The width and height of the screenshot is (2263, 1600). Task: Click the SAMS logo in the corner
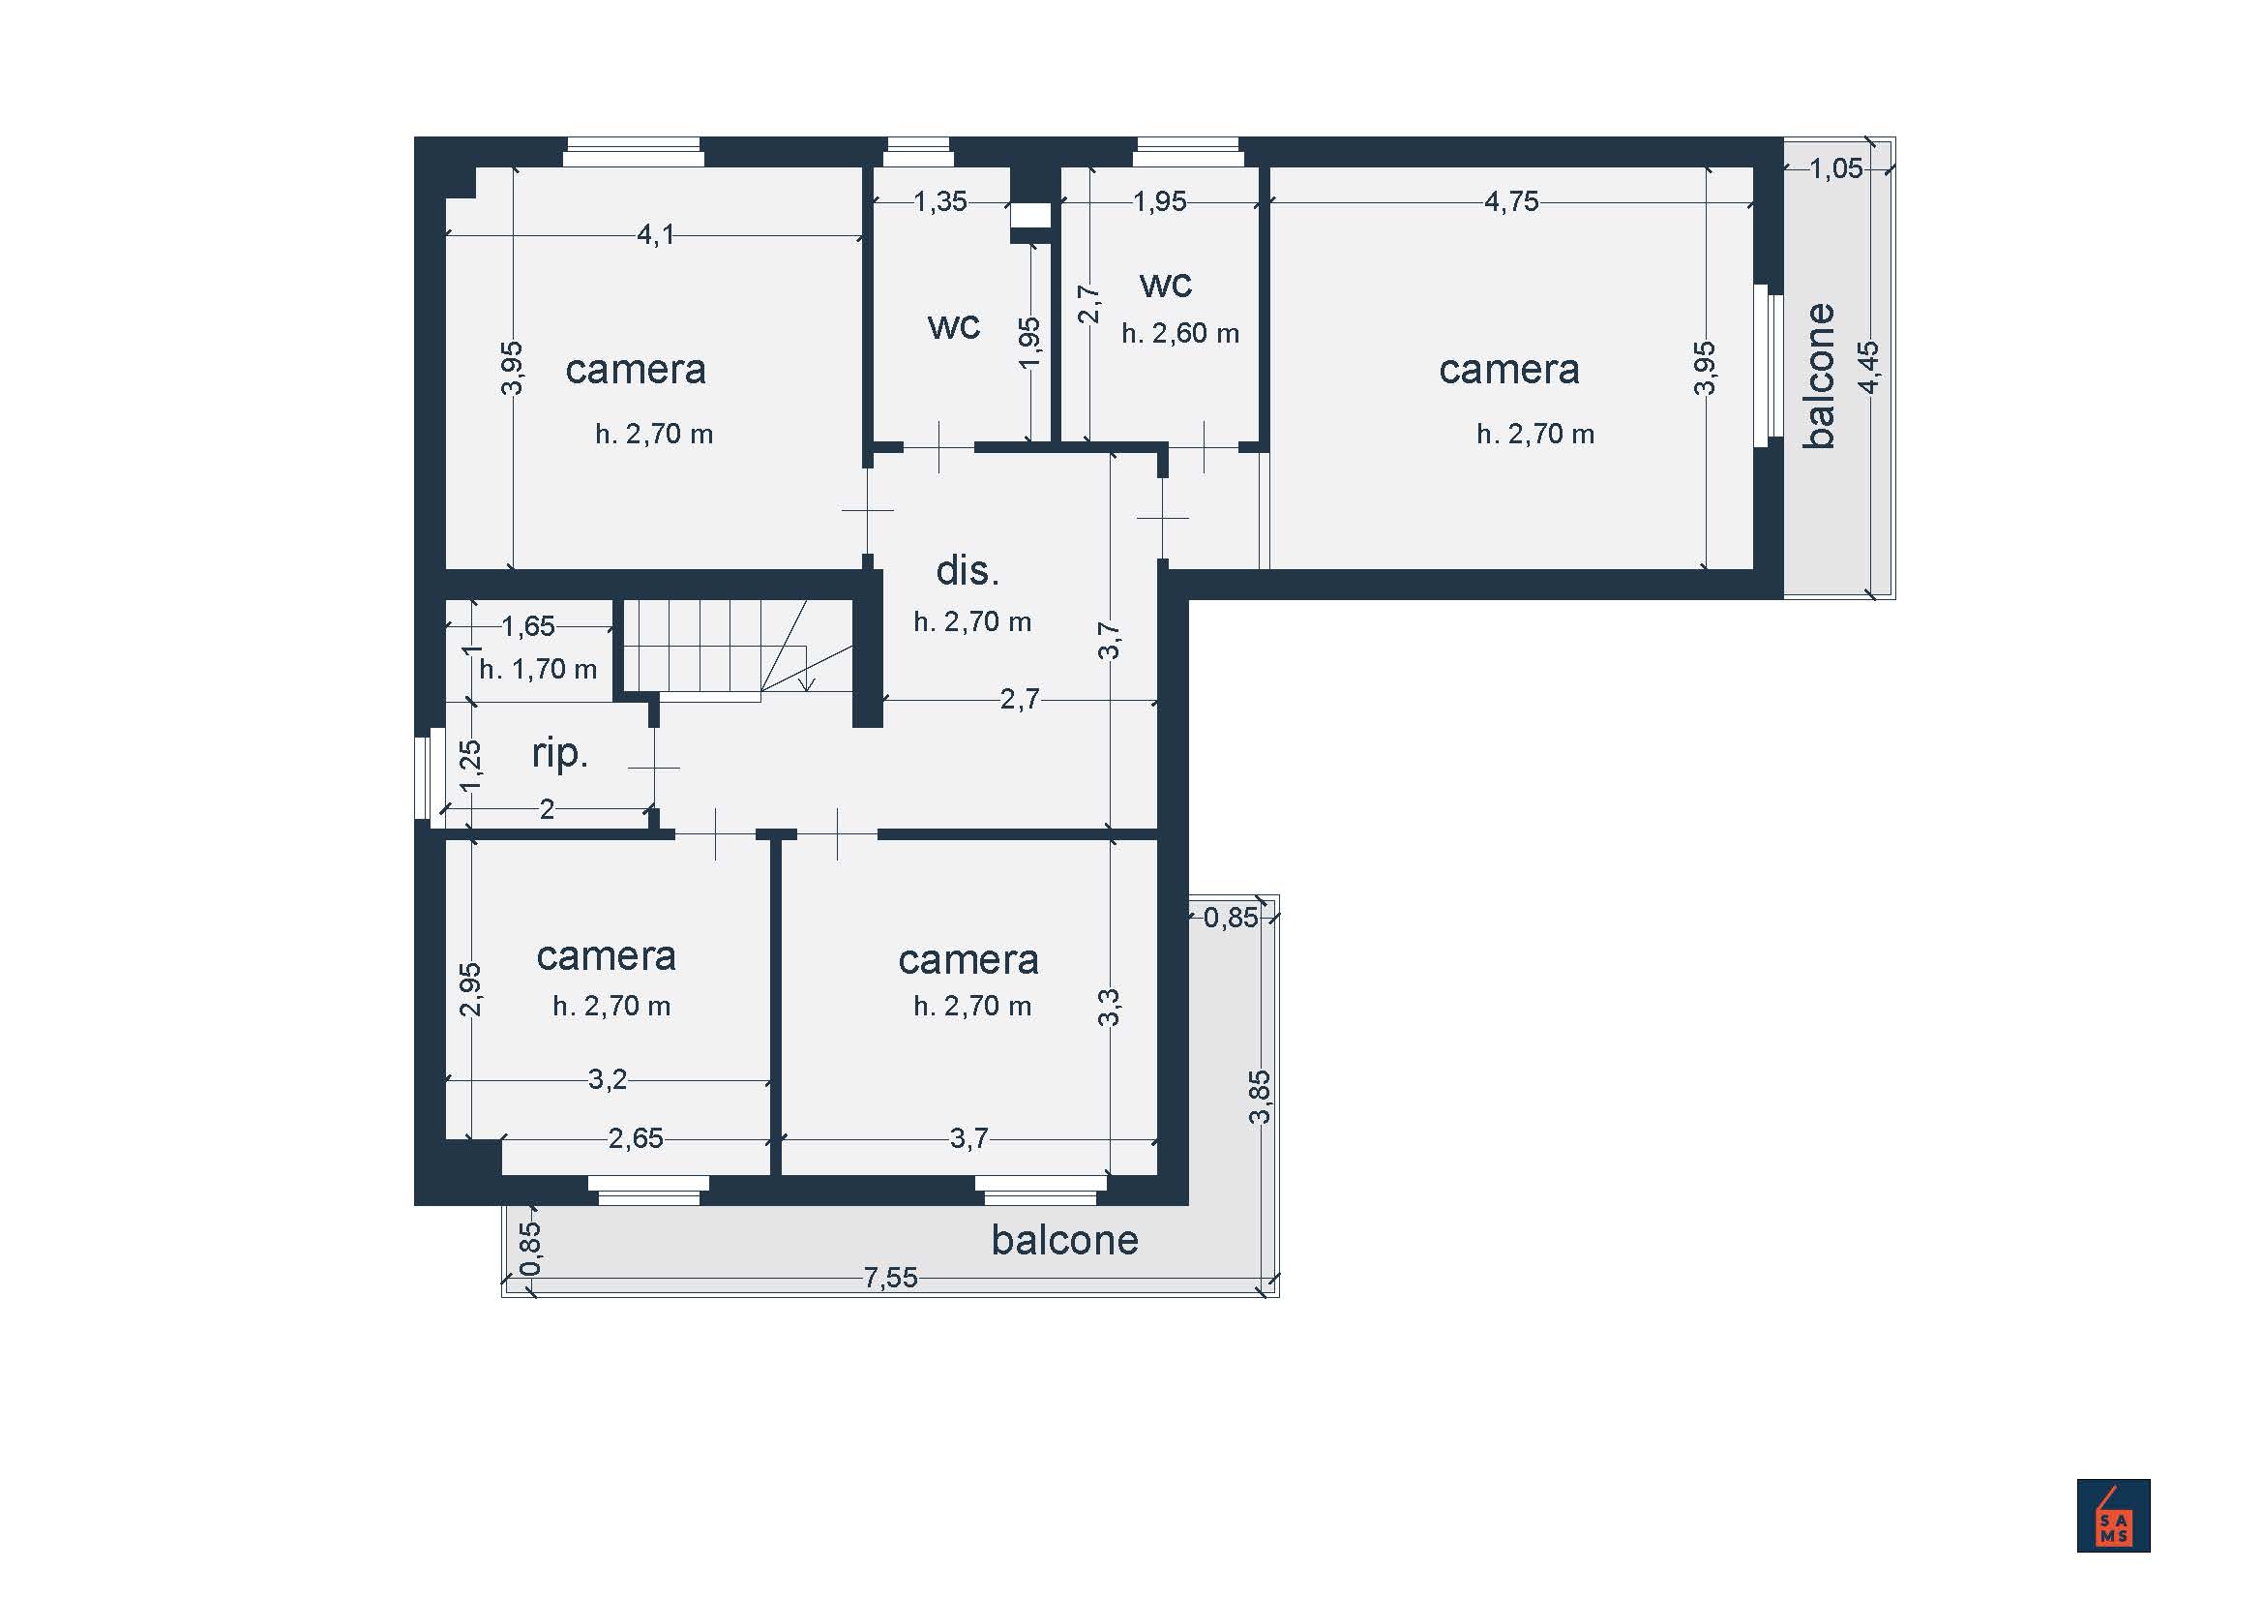pos(2113,1515)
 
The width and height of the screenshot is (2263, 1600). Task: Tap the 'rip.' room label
pos(560,754)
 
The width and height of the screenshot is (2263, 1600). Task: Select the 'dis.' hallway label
pos(967,570)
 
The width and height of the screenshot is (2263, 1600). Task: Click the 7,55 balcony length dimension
pos(890,1278)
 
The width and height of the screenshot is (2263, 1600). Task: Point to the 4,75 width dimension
pos(1511,201)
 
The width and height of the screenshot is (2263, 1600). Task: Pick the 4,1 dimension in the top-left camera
pos(655,234)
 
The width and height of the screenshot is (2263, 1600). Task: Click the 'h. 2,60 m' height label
pos(1179,333)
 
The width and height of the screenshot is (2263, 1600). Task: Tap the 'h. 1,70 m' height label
pos(538,670)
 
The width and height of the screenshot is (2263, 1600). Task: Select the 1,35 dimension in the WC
pos(940,201)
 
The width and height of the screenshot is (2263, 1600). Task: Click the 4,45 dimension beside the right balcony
pos(1867,367)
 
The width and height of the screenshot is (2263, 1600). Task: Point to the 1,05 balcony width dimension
pos(1836,168)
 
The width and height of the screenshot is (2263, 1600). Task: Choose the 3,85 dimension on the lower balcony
pos(1260,1097)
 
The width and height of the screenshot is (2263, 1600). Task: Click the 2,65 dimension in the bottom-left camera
pos(636,1138)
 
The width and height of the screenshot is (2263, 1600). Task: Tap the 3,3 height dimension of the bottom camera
pos(1109,1008)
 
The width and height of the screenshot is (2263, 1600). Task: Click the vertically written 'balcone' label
pos(1820,376)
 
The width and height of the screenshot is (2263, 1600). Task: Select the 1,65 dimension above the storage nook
pos(528,626)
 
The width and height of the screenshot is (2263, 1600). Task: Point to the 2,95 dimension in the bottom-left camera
pos(470,989)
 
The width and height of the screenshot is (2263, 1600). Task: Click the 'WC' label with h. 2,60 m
pos(1166,286)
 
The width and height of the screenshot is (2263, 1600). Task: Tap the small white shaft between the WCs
pos(1031,215)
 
